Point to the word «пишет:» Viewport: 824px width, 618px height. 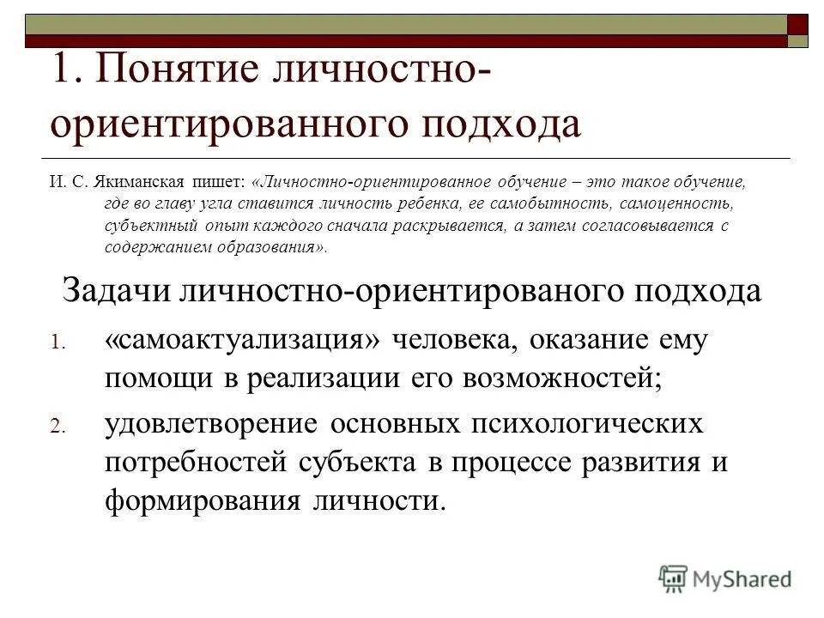[225, 183]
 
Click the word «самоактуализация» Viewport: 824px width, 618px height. [243, 339]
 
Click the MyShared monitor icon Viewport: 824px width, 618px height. [674, 579]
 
